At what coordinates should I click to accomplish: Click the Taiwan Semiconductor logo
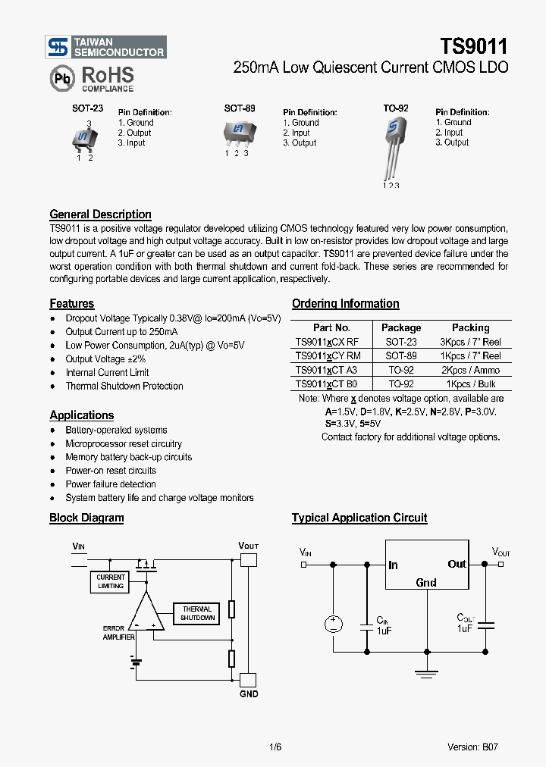point(105,48)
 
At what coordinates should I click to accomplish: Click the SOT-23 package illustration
point(83,139)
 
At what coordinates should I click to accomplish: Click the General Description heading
point(100,214)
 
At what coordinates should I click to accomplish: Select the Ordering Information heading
point(345,304)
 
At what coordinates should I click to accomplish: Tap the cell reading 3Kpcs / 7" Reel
point(470,342)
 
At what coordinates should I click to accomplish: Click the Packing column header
point(470,327)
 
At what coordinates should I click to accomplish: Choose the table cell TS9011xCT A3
point(327,370)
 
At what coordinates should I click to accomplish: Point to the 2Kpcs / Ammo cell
point(470,370)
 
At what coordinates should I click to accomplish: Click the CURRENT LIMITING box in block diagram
point(111,581)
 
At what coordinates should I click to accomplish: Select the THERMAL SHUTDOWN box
point(197,613)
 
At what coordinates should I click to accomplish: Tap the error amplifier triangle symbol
point(146,613)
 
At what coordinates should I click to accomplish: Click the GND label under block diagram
point(249,693)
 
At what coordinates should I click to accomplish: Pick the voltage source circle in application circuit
point(334,624)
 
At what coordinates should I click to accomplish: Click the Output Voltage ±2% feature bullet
point(105,359)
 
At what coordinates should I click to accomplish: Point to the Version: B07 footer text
point(472,747)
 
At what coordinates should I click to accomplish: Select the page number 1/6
point(275,747)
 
